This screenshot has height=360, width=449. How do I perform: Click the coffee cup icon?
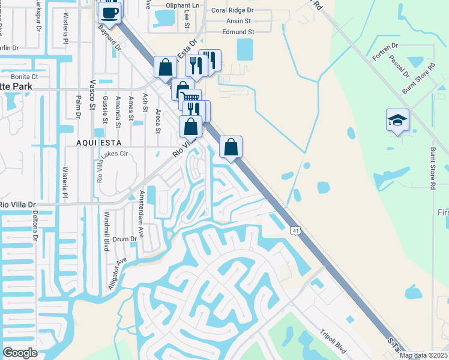pyautogui.click(x=109, y=12)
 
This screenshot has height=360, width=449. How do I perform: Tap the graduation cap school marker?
pyautogui.click(x=397, y=121)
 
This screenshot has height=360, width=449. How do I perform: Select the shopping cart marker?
pyautogui.click(x=190, y=98)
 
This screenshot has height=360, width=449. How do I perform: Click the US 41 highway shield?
pyautogui.click(x=295, y=230)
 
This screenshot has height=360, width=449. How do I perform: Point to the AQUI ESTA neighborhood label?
pyautogui.click(x=99, y=143)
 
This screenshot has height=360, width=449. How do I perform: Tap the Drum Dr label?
pyautogui.click(x=125, y=239)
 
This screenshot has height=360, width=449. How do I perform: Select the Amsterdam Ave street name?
pyautogui.click(x=142, y=206)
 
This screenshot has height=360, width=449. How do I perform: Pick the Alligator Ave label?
pyautogui.click(x=117, y=274)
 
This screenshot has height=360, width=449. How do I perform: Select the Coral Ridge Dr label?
pyautogui.click(x=232, y=11)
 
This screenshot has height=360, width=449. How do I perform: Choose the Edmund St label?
pyautogui.click(x=238, y=31)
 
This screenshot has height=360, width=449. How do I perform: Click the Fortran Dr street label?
pyautogui.click(x=385, y=47)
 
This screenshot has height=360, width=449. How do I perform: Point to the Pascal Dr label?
pyautogui.click(x=399, y=67)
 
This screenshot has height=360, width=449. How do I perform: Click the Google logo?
pyautogui.click(x=20, y=353)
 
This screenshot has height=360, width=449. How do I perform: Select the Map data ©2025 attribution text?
pyautogui.click(x=423, y=355)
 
